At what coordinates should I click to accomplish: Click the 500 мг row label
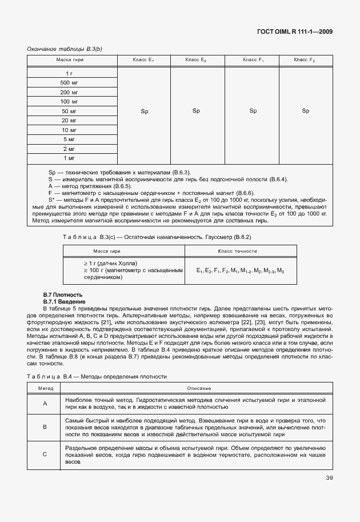69,83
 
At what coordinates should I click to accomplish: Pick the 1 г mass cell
69,74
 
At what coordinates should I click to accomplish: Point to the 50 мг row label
69,111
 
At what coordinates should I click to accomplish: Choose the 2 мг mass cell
69,148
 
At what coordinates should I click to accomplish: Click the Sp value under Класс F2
305,111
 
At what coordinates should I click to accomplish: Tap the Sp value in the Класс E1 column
144,111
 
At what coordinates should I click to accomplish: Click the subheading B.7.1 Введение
65,301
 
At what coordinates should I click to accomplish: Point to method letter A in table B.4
45,404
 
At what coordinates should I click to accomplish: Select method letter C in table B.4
45,455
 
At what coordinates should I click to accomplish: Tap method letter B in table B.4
45,427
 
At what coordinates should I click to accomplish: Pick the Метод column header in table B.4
45,388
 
